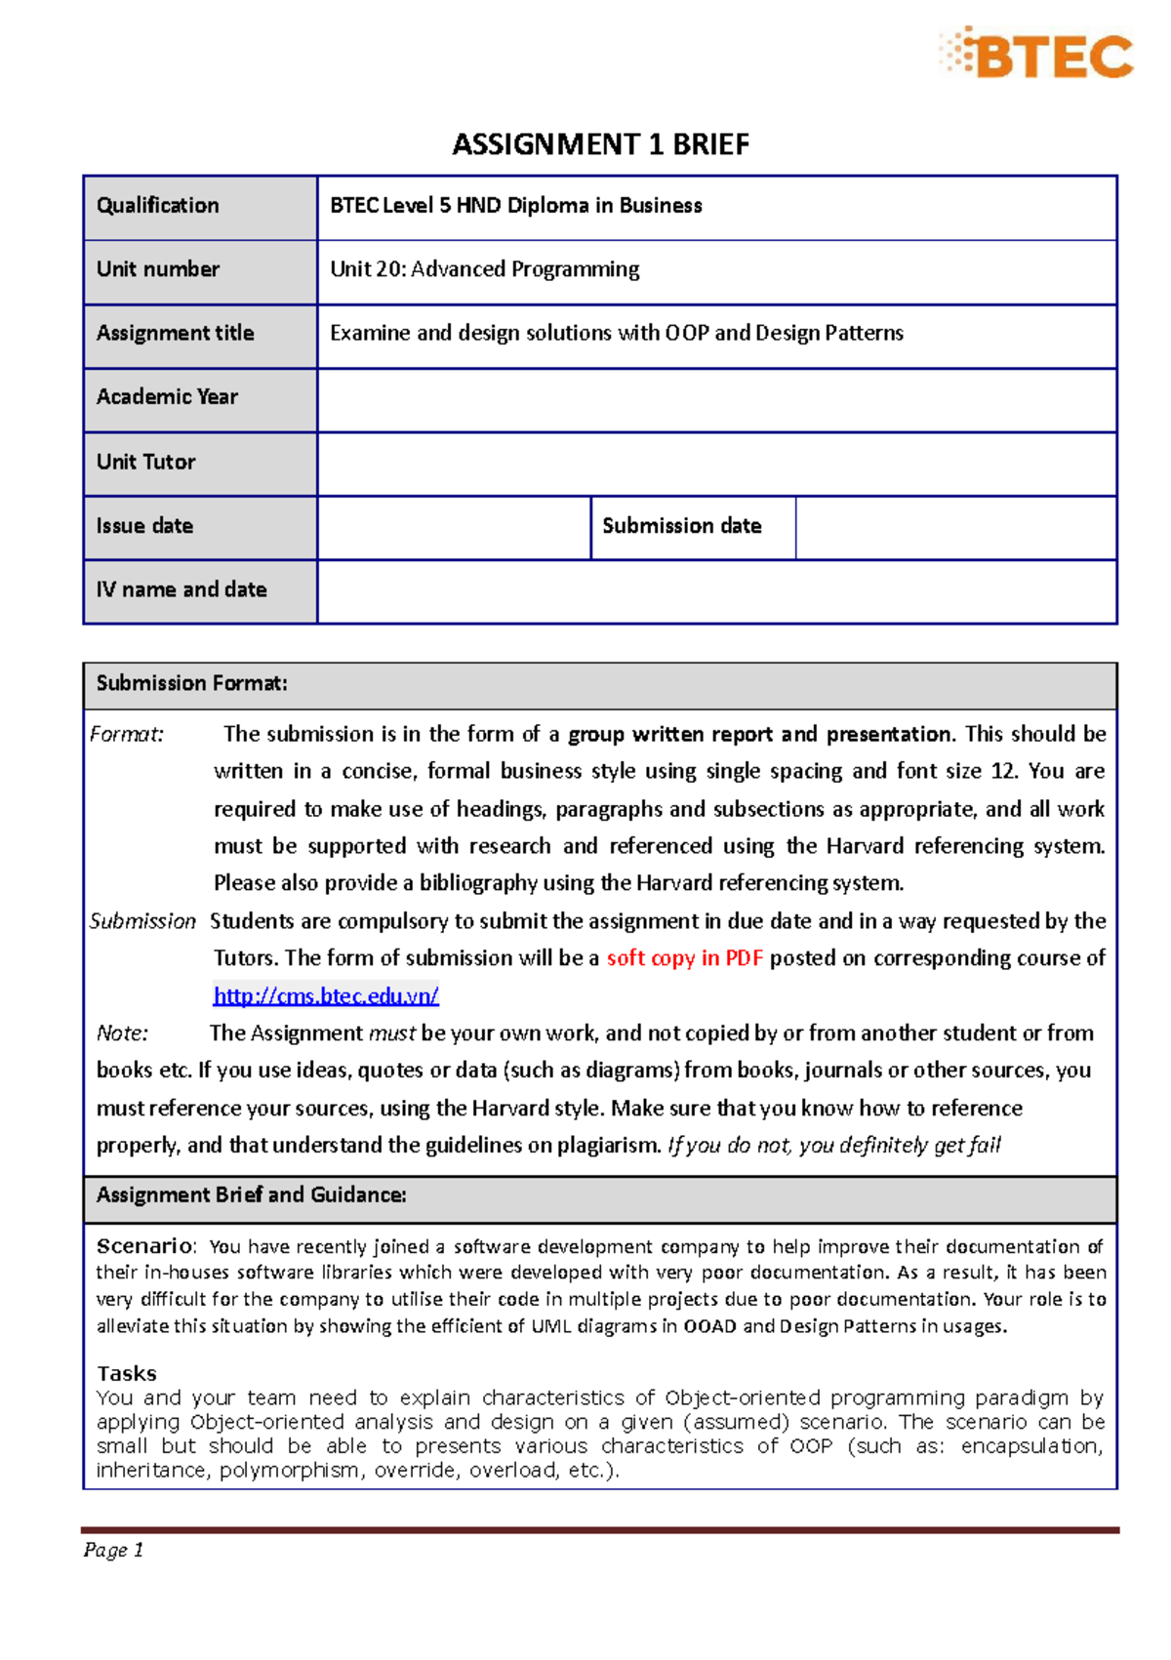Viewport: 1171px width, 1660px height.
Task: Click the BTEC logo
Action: coord(1038,54)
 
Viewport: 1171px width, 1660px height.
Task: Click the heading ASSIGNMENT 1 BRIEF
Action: coord(600,144)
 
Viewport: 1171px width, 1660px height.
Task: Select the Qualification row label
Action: coord(158,206)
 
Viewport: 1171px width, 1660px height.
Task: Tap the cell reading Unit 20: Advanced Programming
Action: coord(485,269)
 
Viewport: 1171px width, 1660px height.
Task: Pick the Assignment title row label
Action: coord(176,334)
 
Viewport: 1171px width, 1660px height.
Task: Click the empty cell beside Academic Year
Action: coord(716,398)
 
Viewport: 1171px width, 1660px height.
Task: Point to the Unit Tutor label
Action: coord(146,463)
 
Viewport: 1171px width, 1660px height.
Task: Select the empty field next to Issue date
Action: coord(454,527)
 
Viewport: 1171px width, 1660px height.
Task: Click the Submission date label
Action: coord(682,526)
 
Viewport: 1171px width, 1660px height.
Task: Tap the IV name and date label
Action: coord(182,590)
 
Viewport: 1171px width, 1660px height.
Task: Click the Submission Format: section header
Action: coord(192,684)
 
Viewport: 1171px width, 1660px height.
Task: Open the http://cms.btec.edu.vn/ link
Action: coord(326,996)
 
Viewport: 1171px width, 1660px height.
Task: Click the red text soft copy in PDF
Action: coord(684,958)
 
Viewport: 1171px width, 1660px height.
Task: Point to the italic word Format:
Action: coord(127,735)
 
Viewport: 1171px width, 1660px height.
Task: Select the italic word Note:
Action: coord(123,1033)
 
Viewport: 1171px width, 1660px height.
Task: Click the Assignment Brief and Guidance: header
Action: coord(252,1195)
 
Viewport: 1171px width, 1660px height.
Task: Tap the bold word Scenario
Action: coord(144,1246)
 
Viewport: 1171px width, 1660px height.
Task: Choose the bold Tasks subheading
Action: coord(127,1373)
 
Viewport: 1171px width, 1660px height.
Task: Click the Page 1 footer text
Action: coord(114,1551)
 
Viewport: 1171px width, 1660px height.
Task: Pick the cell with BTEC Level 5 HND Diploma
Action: coord(516,206)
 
